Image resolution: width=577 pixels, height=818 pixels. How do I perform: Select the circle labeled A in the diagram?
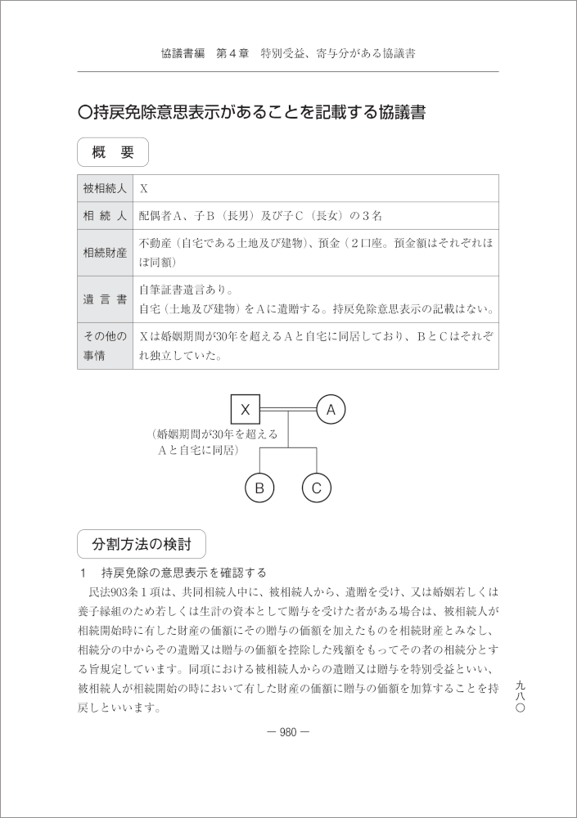331,408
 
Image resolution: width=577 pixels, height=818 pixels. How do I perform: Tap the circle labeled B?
259,488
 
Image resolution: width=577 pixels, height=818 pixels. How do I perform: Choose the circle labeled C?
317,488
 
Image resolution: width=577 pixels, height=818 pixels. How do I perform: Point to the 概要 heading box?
113,152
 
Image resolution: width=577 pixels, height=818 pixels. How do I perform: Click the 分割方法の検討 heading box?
142,544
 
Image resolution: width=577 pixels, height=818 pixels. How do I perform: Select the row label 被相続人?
105,188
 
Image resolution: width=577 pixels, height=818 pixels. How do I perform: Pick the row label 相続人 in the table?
105,216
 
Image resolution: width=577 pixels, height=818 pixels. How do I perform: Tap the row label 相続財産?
105,253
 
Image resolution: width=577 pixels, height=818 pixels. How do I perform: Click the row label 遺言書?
105,299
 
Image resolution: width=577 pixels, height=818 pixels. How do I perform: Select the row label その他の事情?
105,346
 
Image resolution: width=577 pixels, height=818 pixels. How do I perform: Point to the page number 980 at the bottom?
288,732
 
